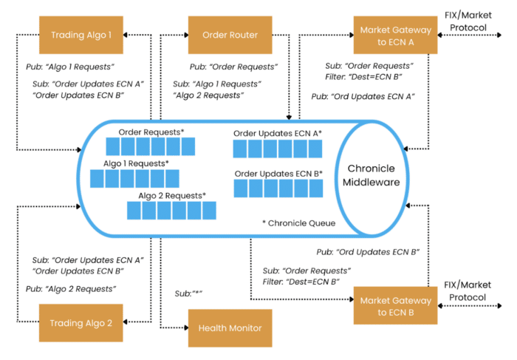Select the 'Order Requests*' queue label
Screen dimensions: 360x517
[151, 132]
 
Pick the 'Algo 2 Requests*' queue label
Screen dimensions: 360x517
[171, 195]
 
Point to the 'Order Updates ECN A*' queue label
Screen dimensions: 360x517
[278, 132]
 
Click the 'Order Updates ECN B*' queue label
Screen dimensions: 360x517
[278, 173]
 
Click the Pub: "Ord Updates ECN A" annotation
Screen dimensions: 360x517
[363, 96]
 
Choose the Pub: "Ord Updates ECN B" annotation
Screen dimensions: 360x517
[367, 252]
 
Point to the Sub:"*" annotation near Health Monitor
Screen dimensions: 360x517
[188, 294]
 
